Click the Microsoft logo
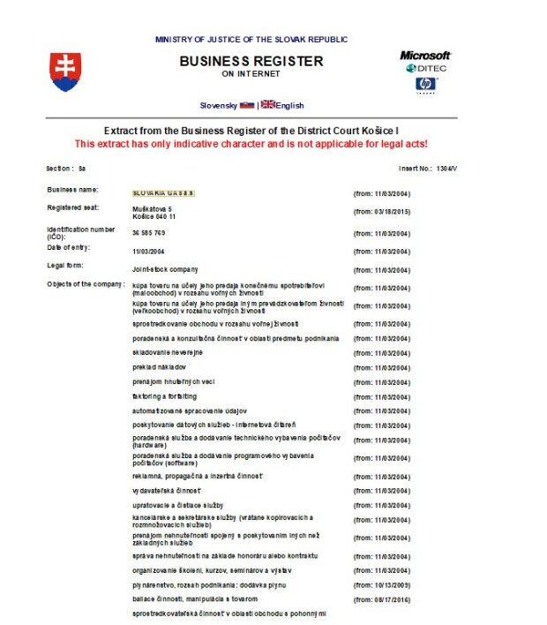coord(424,55)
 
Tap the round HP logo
coord(426,85)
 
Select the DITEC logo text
coord(431,69)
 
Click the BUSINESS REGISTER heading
coord(251,62)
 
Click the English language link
coord(289,105)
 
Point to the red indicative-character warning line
coord(251,143)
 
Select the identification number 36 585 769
coord(148,233)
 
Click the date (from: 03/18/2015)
coord(381,212)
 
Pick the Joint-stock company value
coord(164,268)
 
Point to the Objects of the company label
coord(85,283)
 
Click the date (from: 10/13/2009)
coord(381,584)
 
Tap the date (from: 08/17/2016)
coord(381,599)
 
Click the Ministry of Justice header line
coord(251,39)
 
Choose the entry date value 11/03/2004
coord(149,252)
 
